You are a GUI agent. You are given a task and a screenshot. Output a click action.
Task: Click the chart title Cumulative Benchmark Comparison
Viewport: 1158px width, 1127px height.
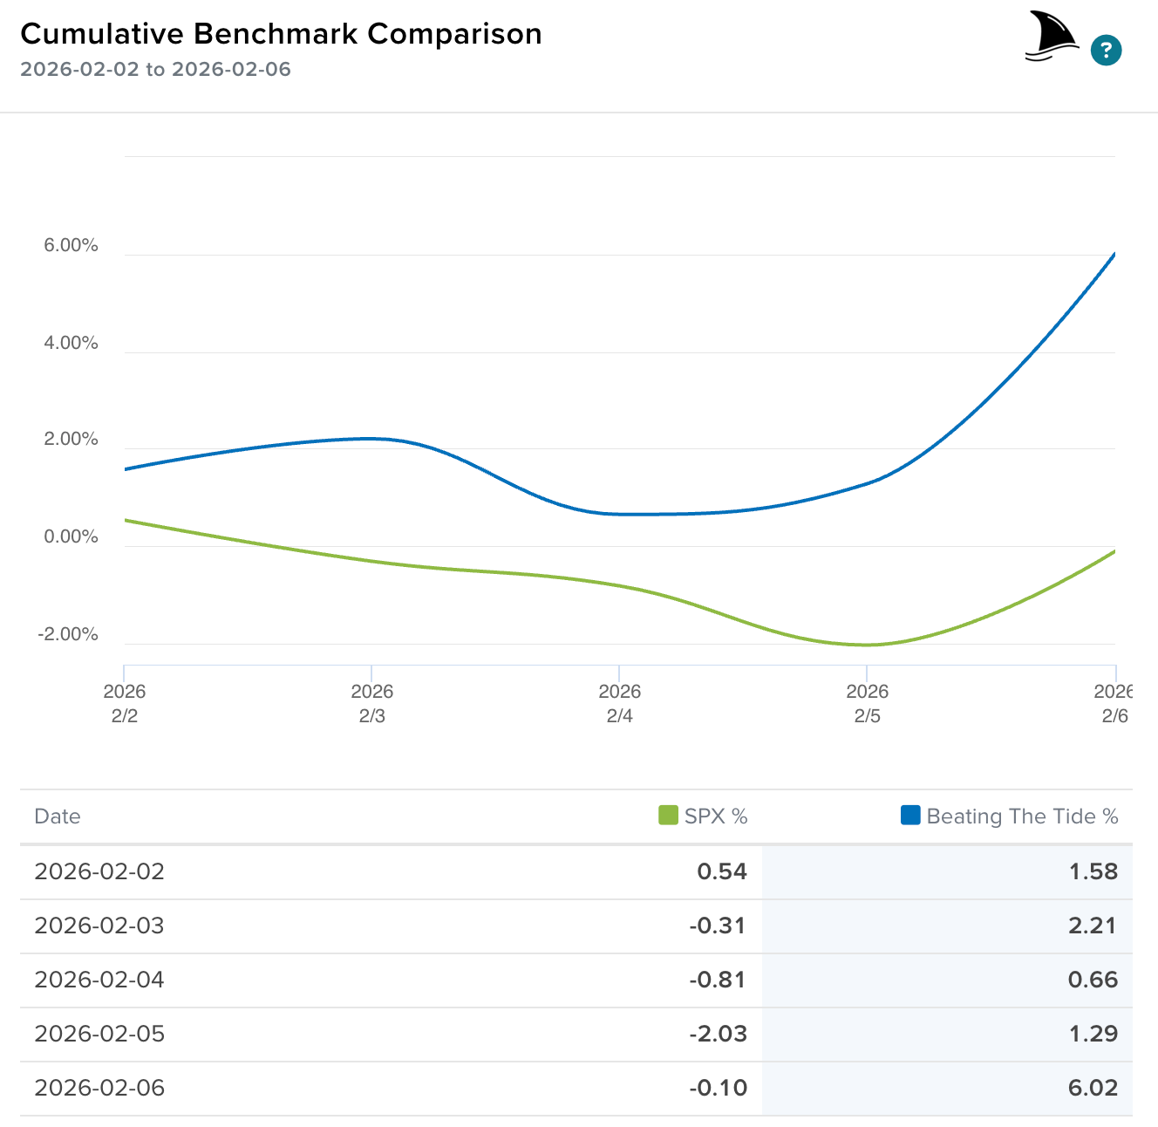[x=281, y=34]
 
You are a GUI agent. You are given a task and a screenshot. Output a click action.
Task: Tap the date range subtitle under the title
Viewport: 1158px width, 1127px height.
[x=155, y=70]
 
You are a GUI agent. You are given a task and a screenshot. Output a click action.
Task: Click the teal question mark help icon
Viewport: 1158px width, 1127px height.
[x=1106, y=50]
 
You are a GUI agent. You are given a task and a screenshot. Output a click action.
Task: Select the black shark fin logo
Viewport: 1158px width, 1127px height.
[x=1052, y=37]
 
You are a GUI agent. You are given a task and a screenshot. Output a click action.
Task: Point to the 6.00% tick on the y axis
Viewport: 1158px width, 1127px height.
[x=71, y=246]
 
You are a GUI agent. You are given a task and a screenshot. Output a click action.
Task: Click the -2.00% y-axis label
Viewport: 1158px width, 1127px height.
[x=68, y=634]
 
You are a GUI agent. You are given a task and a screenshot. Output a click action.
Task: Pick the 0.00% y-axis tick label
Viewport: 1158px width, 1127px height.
[x=71, y=537]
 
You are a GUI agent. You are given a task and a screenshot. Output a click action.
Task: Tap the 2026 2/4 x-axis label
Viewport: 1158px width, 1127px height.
[x=619, y=703]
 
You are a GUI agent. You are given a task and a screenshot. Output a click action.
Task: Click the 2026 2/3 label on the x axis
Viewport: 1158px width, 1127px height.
[x=371, y=703]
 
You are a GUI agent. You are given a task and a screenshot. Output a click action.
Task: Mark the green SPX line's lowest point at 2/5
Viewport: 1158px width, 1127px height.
[x=866, y=645]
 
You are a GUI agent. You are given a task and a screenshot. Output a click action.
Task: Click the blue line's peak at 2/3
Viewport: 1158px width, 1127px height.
[x=371, y=438]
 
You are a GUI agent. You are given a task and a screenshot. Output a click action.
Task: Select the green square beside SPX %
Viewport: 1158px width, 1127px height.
[x=668, y=816]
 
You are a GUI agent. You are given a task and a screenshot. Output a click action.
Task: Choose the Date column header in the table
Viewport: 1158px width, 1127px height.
[x=58, y=816]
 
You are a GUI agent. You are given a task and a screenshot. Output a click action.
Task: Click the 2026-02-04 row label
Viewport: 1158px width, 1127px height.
[x=99, y=980]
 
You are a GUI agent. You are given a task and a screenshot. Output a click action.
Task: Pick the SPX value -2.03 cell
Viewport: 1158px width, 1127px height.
[x=718, y=1034]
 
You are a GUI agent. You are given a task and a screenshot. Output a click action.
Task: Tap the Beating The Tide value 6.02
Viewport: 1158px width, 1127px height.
[x=1093, y=1088]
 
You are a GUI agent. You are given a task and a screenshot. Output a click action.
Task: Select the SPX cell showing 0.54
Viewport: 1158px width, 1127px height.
[x=722, y=871]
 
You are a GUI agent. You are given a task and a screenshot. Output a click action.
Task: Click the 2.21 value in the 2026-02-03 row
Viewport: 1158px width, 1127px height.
[x=1093, y=926]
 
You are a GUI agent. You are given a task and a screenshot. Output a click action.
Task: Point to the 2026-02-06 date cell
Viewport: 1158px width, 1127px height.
[x=99, y=1088]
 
